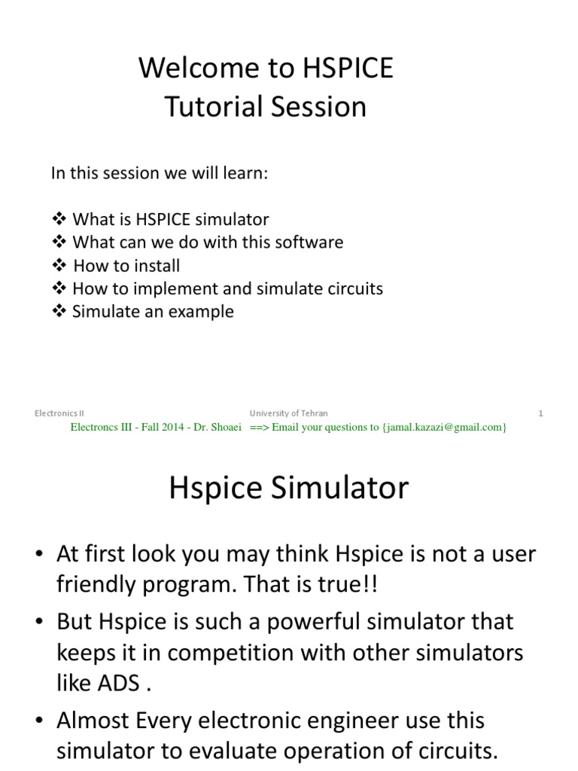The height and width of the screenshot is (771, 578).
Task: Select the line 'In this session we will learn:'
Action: tap(159, 173)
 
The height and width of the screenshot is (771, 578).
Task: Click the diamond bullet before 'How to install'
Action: tap(59, 266)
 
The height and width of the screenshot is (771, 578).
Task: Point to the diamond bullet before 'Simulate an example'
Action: tap(59, 312)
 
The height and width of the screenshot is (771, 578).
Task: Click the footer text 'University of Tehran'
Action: tap(288, 413)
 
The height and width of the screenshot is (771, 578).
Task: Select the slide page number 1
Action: tap(540, 413)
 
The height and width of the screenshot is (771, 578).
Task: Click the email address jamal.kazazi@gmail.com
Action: tap(443, 427)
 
